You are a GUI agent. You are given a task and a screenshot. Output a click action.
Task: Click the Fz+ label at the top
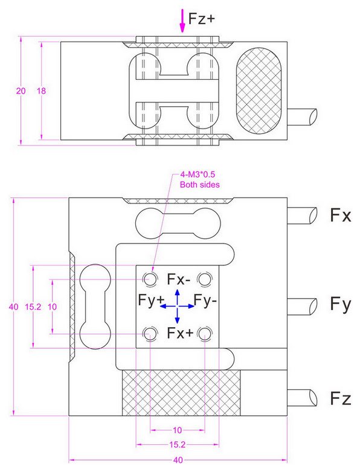tap(202, 19)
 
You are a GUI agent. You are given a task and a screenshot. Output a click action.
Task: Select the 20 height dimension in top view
tap(21, 91)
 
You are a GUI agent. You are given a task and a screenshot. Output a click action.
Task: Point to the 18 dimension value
tap(41, 91)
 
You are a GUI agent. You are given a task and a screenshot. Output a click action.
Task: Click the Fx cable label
tap(341, 215)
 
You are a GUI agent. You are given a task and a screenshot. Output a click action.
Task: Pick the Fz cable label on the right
tap(341, 398)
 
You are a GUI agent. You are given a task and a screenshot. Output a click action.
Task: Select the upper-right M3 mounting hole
tap(205, 279)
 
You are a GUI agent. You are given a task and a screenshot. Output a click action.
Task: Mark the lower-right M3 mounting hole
tap(205, 334)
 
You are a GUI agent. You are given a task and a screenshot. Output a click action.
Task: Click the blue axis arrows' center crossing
tap(177, 307)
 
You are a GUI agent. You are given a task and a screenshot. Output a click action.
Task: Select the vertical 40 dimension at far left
tap(13, 307)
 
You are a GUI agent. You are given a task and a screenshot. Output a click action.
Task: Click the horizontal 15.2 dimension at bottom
tap(177, 445)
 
